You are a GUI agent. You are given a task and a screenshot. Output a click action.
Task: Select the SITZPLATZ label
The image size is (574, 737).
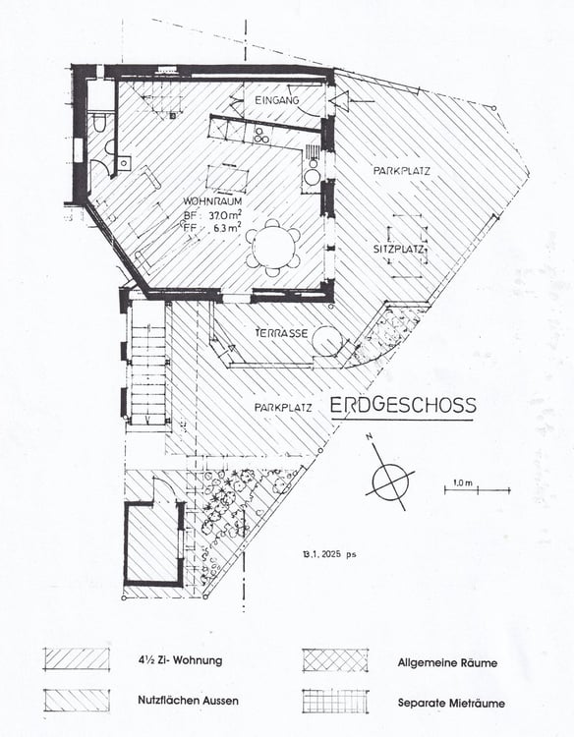[x=398, y=250]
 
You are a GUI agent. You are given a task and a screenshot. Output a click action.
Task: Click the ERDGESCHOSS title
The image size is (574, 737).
[x=403, y=405]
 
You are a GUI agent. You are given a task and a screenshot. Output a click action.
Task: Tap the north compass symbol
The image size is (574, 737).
[x=390, y=481]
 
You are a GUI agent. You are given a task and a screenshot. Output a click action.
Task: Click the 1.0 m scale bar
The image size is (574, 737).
[x=463, y=488]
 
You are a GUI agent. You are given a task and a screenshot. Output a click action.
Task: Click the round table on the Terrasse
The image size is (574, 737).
[x=326, y=342]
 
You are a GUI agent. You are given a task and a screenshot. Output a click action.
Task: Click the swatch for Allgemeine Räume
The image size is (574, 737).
[x=335, y=660]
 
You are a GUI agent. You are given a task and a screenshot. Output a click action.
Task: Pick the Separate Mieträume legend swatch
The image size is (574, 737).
[x=335, y=700]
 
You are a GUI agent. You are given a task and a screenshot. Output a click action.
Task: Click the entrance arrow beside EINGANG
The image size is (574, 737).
[x=340, y=100]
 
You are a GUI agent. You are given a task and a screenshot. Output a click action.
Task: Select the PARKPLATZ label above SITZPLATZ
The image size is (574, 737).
[x=401, y=171]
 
